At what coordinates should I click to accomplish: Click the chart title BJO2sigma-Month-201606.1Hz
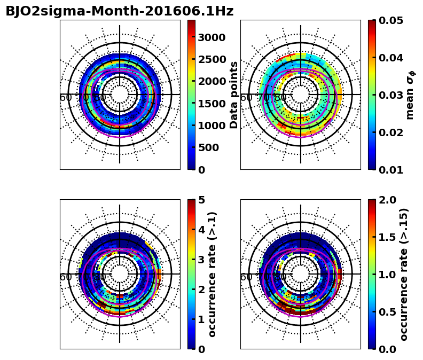pyautogui.click(x=119, y=11)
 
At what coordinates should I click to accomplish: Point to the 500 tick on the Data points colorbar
pyautogui.click(x=208, y=147)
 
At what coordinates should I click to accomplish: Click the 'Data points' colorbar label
pyautogui.click(x=234, y=95)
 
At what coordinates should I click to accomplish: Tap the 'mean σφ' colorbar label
pyautogui.click(x=410, y=95)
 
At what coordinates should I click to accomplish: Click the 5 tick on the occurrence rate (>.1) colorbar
pyautogui.click(x=202, y=200)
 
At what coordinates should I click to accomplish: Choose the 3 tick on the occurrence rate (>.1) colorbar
pyautogui.click(x=202, y=260)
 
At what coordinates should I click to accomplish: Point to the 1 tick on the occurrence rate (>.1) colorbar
pyautogui.click(x=202, y=319)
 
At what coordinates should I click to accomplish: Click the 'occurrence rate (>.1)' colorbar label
pyautogui.click(x=213, y=275)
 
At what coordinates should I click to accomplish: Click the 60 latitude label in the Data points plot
pyautogui.click(x=66, y=98)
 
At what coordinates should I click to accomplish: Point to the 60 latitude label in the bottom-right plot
pyautogui.click(x=246, y=277)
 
